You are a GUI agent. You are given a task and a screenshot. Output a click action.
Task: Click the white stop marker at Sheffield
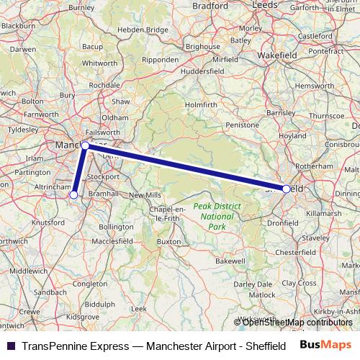pos(287,189)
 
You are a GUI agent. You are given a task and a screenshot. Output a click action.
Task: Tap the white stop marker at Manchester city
pos(86,145)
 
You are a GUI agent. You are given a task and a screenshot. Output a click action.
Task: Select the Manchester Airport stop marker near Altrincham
pos(73,194)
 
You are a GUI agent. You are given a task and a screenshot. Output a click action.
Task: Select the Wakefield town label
pos(278,55)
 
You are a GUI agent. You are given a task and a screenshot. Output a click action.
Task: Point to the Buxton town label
pos(169,242)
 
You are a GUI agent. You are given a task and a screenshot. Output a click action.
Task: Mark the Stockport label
pos(104,176)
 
